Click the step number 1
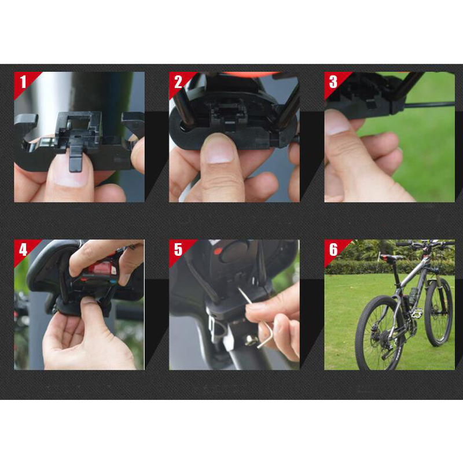coord(23,82)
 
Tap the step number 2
coord(178,82)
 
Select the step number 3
coord(333,82)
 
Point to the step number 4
coord(23,249)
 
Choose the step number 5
coord(178,249)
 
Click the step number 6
coord(333,249)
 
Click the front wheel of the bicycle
coord(439,313)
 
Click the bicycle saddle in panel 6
coord(392,258)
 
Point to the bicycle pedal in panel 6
coord(416,314)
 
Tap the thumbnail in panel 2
coord(220,152)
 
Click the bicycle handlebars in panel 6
coord(425,244)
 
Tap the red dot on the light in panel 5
coord(218,251)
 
